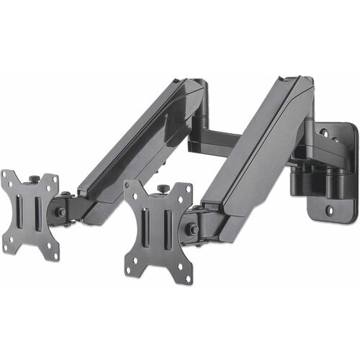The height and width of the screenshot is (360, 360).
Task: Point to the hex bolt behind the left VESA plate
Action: pos(61,212)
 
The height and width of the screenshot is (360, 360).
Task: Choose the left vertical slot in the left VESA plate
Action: pos(21,212)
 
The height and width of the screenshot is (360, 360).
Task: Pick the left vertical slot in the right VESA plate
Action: pos(147,229)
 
